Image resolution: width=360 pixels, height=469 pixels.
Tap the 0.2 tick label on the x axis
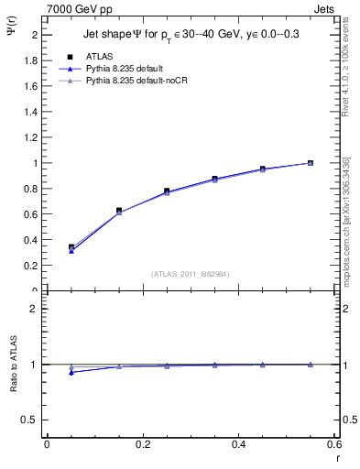coord(142,444)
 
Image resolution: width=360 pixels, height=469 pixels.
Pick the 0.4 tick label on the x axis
coord(238,444)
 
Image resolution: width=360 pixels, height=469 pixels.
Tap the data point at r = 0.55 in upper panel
coord(311,163)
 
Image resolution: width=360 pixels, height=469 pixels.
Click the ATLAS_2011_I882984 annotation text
coord(191,274)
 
